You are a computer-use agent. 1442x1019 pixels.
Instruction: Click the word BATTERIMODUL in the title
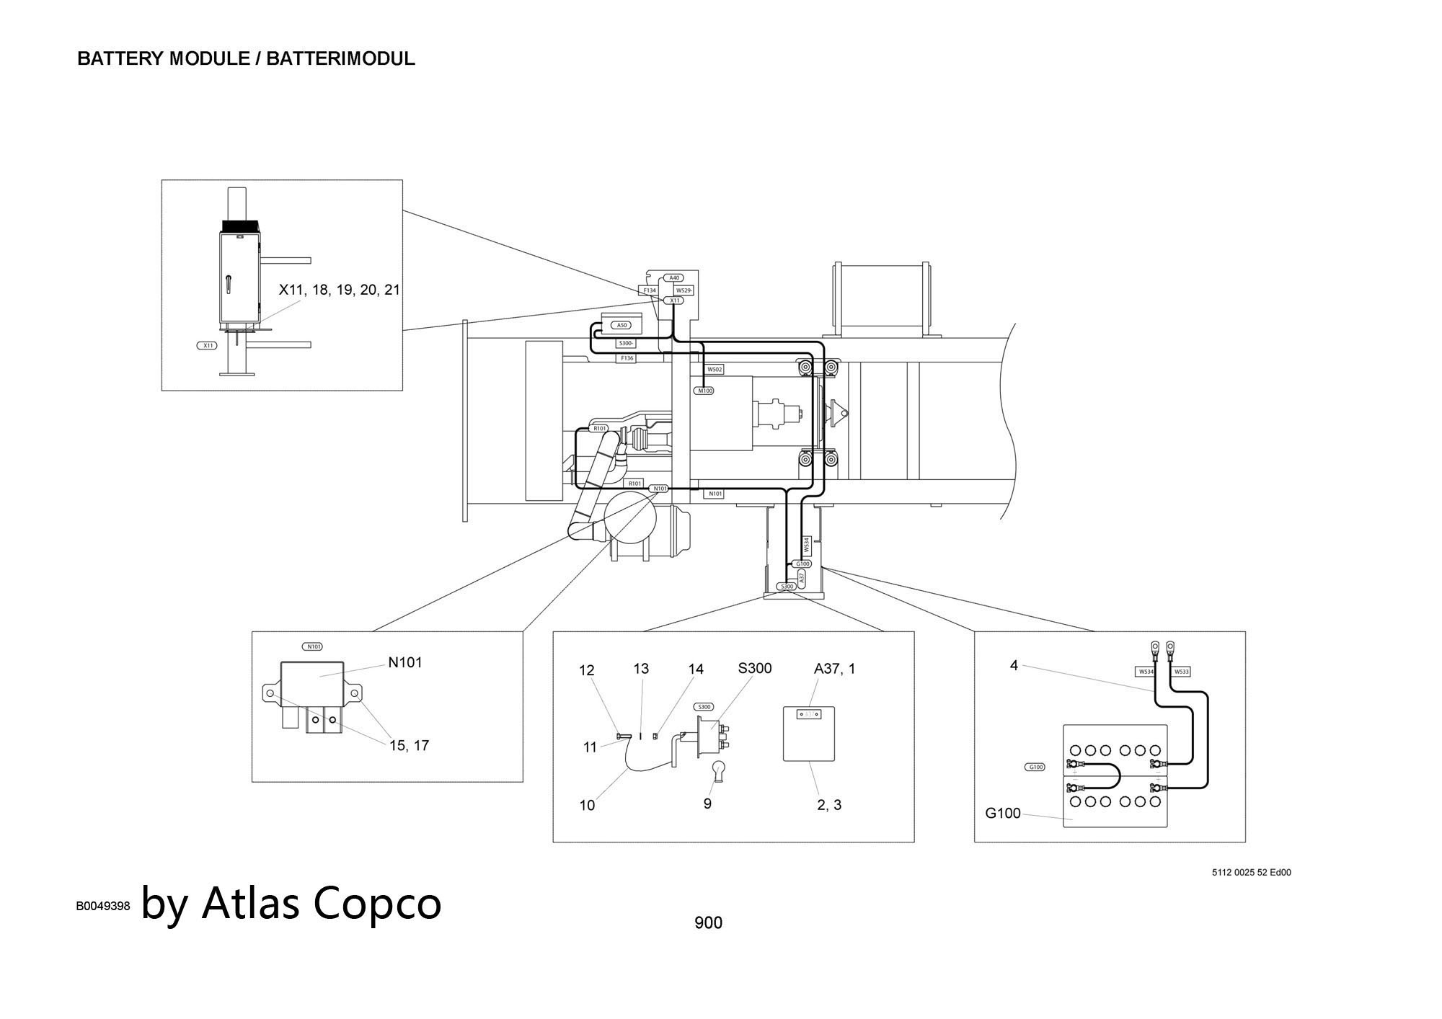(340, 58)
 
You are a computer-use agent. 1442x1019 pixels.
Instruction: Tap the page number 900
(708, 922)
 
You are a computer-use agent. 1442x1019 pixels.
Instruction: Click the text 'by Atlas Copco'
(291, 903)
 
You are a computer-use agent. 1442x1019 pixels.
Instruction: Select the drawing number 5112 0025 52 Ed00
(1252, 873)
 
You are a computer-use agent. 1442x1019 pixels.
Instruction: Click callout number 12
(587, 670)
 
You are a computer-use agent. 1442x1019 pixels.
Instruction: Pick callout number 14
(696, 669)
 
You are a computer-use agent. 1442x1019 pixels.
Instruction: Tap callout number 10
(588, 805)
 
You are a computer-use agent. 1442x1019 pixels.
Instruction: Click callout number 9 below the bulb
(707, 804)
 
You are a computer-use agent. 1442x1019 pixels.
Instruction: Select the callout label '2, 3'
(829, 805)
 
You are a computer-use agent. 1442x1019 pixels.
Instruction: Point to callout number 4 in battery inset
(1014, 666)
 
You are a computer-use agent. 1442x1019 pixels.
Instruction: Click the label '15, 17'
(409, 746)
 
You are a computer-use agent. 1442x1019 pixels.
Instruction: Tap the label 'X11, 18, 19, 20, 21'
(339, 290)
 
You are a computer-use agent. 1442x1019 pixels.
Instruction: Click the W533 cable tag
(1181, 672)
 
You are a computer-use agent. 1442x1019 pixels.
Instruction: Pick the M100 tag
(704, 391)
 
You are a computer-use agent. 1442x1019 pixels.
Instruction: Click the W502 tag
(715, 369)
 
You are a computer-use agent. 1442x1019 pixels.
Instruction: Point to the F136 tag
(627, 358)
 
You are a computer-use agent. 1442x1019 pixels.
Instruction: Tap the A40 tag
(673, 277)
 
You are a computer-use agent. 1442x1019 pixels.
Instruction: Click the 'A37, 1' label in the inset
(834, 669)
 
